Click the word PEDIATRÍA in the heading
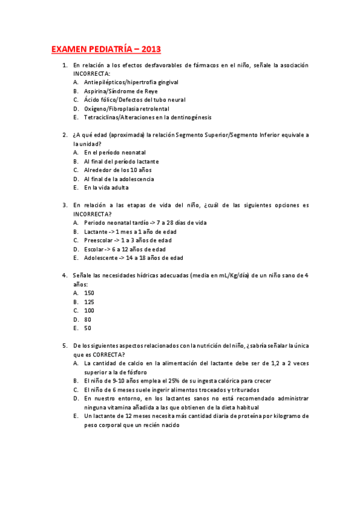click(107, 49)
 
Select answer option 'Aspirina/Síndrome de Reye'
click(121, 91)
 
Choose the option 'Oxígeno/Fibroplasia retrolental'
click(126, 108)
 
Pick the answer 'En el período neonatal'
click(115, 152)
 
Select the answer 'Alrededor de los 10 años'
click(118, 170)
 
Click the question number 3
click(64, 205)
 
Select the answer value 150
click(89, 293)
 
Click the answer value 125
click(89, 302)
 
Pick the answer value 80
click(88, 319)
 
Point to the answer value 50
click(88, 328)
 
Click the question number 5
click(64, 346)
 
